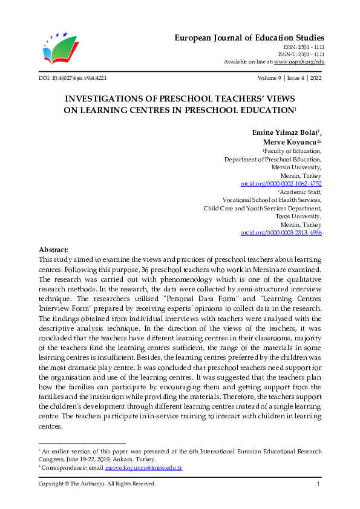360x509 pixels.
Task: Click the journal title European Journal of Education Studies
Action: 249,37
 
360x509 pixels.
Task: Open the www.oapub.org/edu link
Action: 299,62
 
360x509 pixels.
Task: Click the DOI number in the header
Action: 73,78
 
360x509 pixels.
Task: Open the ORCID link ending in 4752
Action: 281,183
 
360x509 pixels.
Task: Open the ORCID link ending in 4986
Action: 281,232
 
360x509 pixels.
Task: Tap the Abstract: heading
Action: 53,250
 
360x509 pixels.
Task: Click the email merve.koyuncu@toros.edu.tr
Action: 143,468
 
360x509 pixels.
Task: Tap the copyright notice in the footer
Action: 97,484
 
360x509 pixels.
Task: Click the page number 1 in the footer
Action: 318,484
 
